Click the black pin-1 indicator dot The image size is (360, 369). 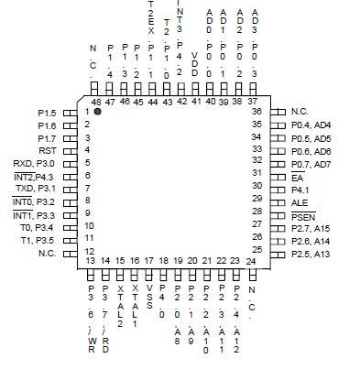[98, 111]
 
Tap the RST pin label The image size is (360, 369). [48, 149]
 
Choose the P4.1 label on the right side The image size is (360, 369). [300, 188]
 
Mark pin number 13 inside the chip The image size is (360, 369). [91, 261]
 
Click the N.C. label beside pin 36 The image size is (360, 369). [299, 111]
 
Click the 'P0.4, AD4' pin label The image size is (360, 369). [311, 124]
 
